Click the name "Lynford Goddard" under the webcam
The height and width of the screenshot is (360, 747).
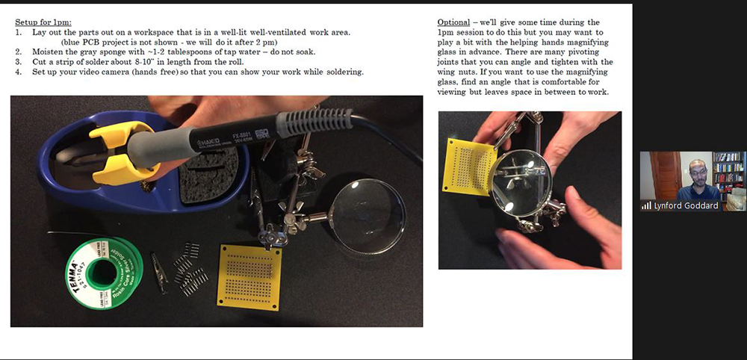pyautogui.click(x=686, y=205)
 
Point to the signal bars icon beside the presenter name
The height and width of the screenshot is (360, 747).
pyautogui.click(x=647, y=205)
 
